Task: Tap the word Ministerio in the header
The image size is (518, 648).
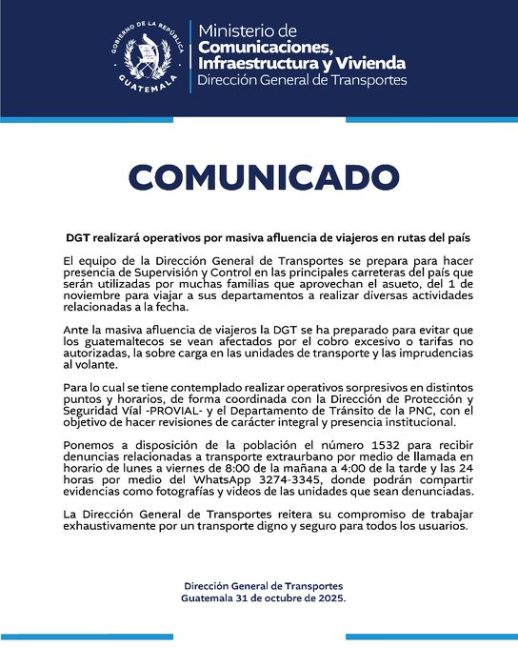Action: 248,30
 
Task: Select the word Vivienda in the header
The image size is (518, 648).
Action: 366,63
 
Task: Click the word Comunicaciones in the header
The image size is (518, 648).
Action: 265,47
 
